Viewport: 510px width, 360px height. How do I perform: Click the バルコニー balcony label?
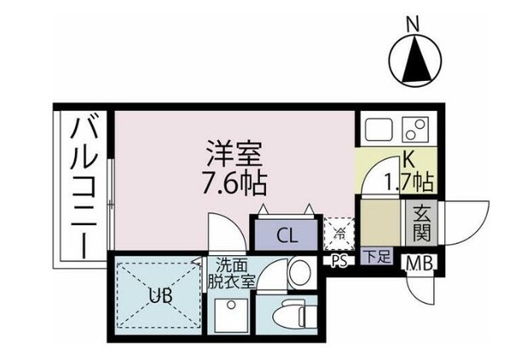click(x=84, y=187)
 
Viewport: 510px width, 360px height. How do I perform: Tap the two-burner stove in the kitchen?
click(x=415, y=131)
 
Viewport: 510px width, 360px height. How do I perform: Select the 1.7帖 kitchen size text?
click(x=408, y=181)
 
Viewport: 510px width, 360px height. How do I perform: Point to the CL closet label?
click(x=287, y=235)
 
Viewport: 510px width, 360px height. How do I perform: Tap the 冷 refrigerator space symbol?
click(x=339, y=233)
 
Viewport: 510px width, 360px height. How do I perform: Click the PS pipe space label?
click(x=338, y=261)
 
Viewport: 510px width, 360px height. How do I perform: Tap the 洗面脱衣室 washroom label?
click(x=231, y=273)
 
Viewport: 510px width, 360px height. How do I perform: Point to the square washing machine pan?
click(x=230, y=317)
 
